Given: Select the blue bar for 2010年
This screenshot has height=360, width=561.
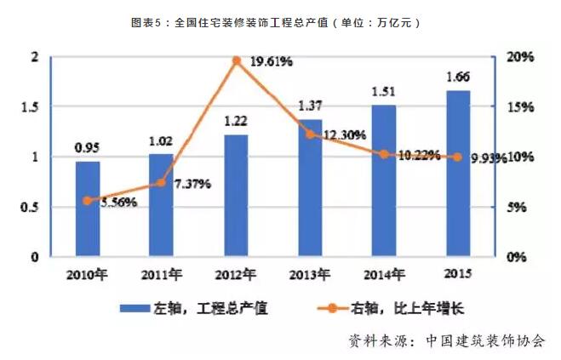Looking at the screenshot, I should click(88, 209).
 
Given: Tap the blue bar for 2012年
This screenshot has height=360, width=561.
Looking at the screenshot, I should click(236, 195).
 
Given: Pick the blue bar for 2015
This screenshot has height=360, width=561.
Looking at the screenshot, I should click(458, 173).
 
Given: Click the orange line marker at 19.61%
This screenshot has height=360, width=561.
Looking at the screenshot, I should click(237, 60).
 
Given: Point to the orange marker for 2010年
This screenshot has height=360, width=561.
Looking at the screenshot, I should click(88, 201).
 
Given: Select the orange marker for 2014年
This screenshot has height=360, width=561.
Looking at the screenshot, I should click(384, 154).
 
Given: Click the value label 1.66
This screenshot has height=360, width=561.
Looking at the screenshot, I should click(458, 77).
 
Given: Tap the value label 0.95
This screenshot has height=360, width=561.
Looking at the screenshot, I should click(88, 148).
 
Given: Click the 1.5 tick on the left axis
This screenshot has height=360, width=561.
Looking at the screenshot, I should click(31, 107).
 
